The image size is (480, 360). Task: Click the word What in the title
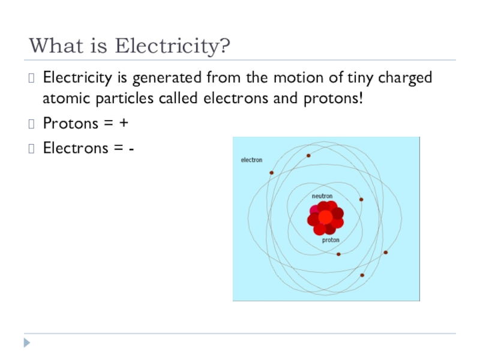[x=55, y=46]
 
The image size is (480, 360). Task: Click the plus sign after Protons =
[x=123, y=123]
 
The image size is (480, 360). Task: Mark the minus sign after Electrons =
[x=131, y=147]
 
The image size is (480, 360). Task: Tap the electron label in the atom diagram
[x=251, y=160]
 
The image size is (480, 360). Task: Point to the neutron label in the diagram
[x=322, y=196]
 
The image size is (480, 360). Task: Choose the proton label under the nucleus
[x=331, y=240]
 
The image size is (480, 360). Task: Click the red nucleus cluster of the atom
[x=325, y=218]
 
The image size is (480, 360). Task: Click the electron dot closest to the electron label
[x=271, y=173]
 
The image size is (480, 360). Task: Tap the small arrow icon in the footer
[x=26, y=344]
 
